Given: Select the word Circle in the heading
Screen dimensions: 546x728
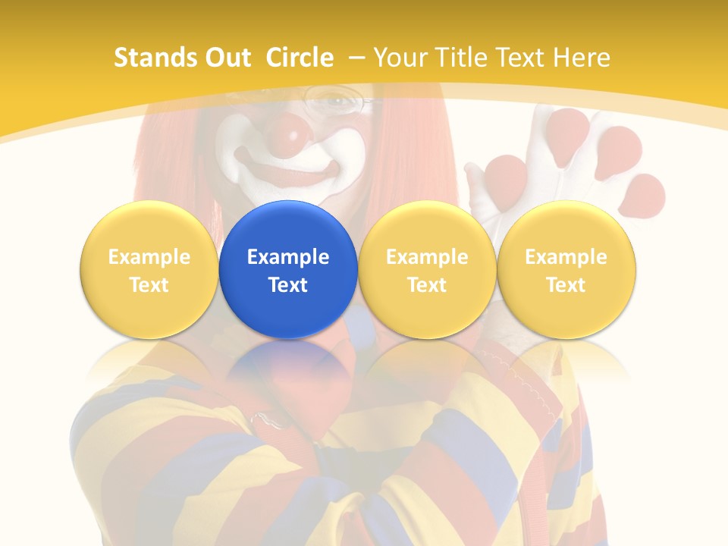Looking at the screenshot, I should coord(300,58).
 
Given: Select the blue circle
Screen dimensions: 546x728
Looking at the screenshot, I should coord(288,269).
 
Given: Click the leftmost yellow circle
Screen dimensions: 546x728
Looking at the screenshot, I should coord(149,269).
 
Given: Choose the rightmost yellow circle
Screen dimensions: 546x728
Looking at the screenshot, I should coord(566,269).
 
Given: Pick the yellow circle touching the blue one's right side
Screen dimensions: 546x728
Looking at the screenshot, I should coord(427,269).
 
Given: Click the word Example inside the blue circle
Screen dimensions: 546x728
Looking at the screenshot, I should coord(288,257).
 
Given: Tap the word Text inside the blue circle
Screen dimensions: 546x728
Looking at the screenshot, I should coord(288,285).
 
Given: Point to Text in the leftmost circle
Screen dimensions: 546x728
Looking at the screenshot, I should coord(149,285).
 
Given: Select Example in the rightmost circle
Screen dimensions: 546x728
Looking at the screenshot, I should coord(566,257).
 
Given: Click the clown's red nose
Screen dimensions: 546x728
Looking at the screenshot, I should coord(288,132).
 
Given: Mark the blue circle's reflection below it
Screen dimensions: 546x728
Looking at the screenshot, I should coord(288,360).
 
